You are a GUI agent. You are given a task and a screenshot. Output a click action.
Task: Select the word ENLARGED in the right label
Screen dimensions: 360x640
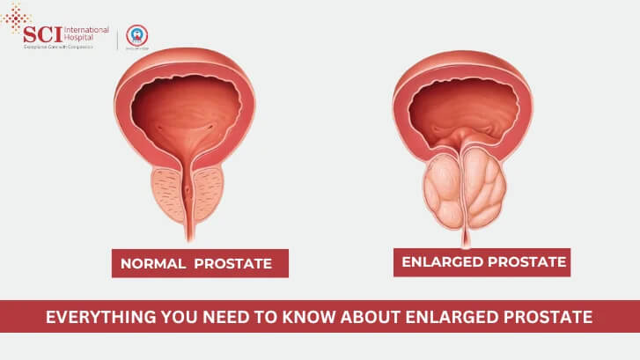tap(443, 261)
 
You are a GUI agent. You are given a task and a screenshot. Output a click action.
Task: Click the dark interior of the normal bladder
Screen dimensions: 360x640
tap(188, 107)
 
